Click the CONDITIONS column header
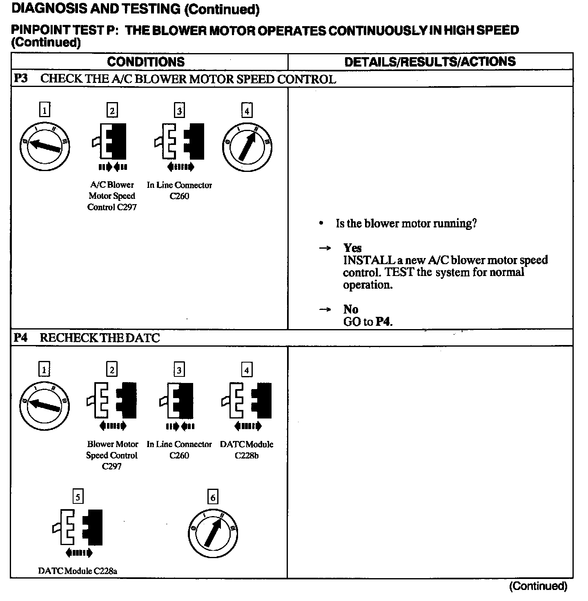click(x=146, y=62)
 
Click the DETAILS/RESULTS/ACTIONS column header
click(x=430, y=62)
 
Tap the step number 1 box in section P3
click(x=45, y=110)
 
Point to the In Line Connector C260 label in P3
click(x=179, y=190)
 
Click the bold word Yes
click(x=352, y=248)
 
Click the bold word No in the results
click(x=351, y=309)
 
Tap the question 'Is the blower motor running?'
click(x=406, y=223)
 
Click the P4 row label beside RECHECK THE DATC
click(x=21, y=338)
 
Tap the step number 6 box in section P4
click(x=213, y=497)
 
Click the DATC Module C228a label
click(x=78, y=571)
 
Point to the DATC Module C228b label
click(x=247, y=450)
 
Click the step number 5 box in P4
click(x=78, y=497)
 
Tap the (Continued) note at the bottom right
click(x=538, y=586)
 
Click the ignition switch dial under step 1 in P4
click(x=44, y=404)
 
